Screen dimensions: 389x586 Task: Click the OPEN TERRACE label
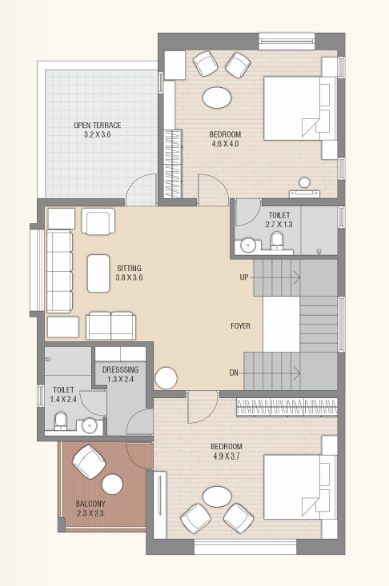[x=98, y=126]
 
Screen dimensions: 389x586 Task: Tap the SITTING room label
[x=129, y=269]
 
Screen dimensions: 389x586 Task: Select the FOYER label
[x=240, y=326]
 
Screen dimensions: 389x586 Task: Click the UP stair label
[x=244, y=277]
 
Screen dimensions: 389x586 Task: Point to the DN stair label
[x=234, y=373]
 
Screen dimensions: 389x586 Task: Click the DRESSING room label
[x=120, y=369]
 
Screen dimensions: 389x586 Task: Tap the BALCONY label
[x=90, y=504]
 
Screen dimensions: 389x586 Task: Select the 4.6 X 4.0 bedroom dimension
[x=225, y=144]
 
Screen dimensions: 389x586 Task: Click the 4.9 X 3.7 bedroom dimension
[x=227, y=456]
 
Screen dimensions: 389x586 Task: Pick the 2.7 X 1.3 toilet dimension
[x=279, y=225]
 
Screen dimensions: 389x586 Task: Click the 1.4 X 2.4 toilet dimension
[x=63, y=399]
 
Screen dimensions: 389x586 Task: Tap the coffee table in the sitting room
[x=98, y=273]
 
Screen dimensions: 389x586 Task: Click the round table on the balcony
[x=112, y=484]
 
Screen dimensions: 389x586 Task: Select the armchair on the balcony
[x=89, y=461]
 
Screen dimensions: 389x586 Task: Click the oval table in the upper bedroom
[x=217, y=98]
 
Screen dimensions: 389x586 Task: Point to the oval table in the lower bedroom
[x=217, y=496]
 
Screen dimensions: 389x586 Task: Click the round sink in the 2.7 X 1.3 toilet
[x=247, y=245]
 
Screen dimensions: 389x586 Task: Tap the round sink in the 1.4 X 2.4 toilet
[x=89, y=425]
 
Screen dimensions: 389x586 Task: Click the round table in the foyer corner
[x=166, y=379]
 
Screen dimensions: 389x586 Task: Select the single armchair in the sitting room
[x=98, y=221]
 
